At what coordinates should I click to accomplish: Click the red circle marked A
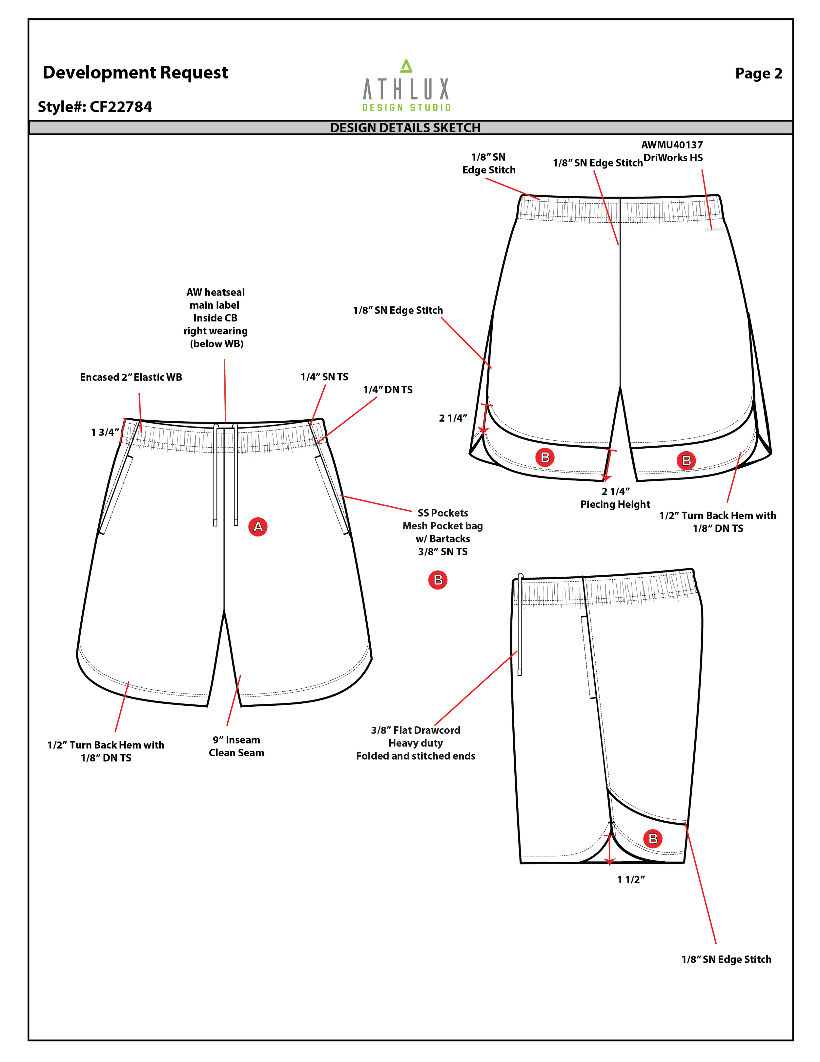258,527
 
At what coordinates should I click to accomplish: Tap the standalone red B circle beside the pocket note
438,580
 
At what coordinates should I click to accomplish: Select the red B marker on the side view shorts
653,838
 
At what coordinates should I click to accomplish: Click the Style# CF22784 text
95,106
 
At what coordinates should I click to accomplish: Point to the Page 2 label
758,74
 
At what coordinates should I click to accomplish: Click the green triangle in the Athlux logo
406,66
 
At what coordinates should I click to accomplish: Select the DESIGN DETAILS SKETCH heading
405,128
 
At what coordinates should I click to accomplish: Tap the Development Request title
135,73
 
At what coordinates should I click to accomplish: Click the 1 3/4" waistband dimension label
104,432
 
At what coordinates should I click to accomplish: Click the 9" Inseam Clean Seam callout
236,746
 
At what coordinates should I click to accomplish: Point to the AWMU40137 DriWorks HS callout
672,151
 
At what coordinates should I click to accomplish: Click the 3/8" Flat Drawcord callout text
415,743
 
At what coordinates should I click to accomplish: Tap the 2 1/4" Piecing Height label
615,498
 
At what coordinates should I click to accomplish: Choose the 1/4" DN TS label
388,390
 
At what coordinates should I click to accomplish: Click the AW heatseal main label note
215,318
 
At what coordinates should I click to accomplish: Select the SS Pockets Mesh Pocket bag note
442,532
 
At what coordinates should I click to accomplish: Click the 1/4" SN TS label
324,377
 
